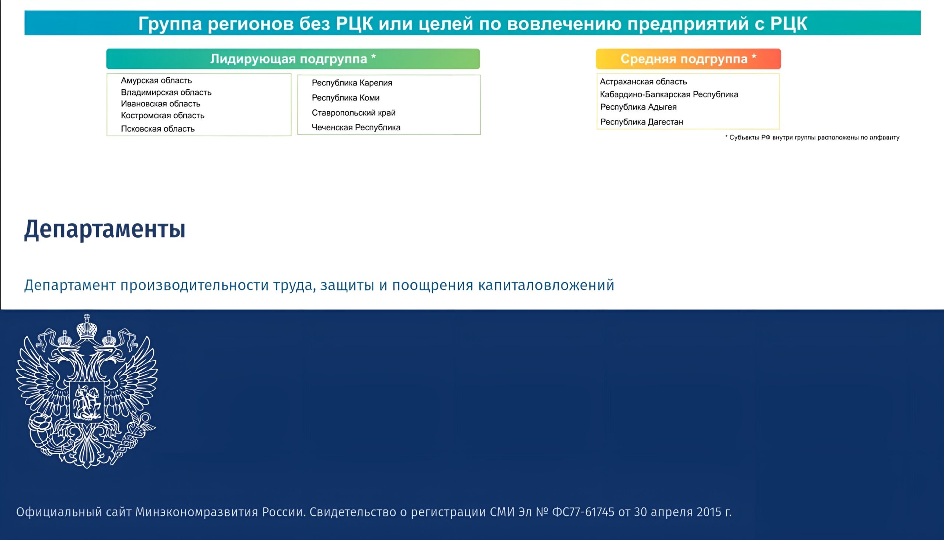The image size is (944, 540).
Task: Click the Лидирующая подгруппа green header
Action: point(293,59)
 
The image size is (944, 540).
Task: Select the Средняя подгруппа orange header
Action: point(688,59)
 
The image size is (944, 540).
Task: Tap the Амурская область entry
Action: point(156,80)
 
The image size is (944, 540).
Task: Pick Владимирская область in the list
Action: point(166,92)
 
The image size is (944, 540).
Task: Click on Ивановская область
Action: point(160,104)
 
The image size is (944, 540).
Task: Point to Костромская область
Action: point(163,116)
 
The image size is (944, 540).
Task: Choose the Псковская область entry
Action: point(158,129)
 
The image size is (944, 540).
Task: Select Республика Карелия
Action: point(352,83)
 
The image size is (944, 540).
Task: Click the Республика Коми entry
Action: point(346,98)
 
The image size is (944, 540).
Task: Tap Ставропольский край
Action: point(354,113)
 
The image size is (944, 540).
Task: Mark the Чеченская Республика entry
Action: point(356,127)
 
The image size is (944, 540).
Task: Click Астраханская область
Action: point(643,82)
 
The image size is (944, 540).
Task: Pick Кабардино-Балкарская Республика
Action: point(669,95)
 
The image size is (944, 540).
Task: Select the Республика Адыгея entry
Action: point(638,107)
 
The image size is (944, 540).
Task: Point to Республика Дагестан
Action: point(642,122)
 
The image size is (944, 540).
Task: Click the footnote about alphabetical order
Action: point(812,138)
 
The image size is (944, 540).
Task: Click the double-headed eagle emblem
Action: point(87,391)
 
